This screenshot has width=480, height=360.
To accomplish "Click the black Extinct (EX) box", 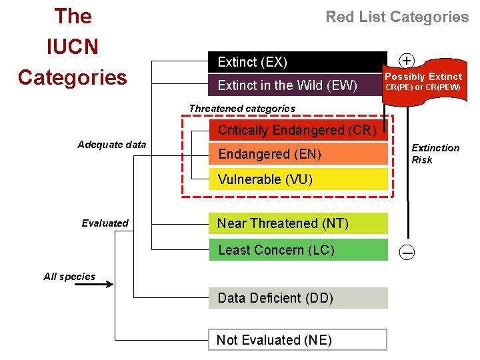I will [297, 62].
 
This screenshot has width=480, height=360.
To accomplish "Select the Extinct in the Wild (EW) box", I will [297, 85].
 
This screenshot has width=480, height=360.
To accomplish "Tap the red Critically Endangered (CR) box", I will [297, 129].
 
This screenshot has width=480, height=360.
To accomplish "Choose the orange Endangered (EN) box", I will [297, 154].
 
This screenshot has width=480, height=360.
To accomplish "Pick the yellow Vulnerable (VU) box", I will [297, 179].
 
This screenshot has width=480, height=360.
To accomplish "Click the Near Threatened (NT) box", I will [297, 223].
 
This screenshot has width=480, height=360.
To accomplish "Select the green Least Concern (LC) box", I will [297, 250].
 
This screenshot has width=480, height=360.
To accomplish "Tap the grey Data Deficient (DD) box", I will [297, 298].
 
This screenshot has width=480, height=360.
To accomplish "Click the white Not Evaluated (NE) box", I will [297, 340].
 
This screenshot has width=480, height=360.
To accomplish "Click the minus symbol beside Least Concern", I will [407, 252].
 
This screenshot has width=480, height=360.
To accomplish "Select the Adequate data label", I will [112, 145].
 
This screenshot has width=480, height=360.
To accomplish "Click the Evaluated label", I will [105, 223].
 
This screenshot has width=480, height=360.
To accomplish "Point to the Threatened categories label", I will [242, 108].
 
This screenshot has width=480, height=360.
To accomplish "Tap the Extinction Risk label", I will [435, 153].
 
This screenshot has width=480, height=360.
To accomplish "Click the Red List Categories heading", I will [397, 17].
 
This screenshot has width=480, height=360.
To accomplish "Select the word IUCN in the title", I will [73, 47].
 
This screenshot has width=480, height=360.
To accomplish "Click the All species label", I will [69, 277].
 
